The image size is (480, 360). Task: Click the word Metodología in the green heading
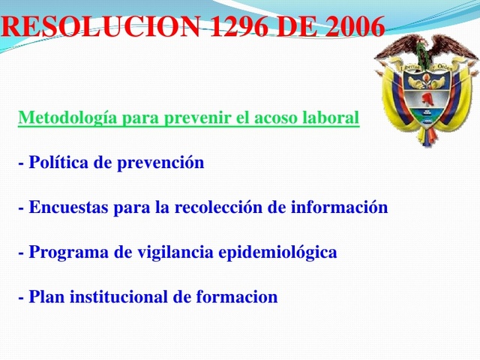[67, 118]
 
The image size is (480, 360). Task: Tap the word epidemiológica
[277, 253]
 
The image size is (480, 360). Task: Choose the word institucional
[117, 297]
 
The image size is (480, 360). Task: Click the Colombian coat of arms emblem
[426, 90]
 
